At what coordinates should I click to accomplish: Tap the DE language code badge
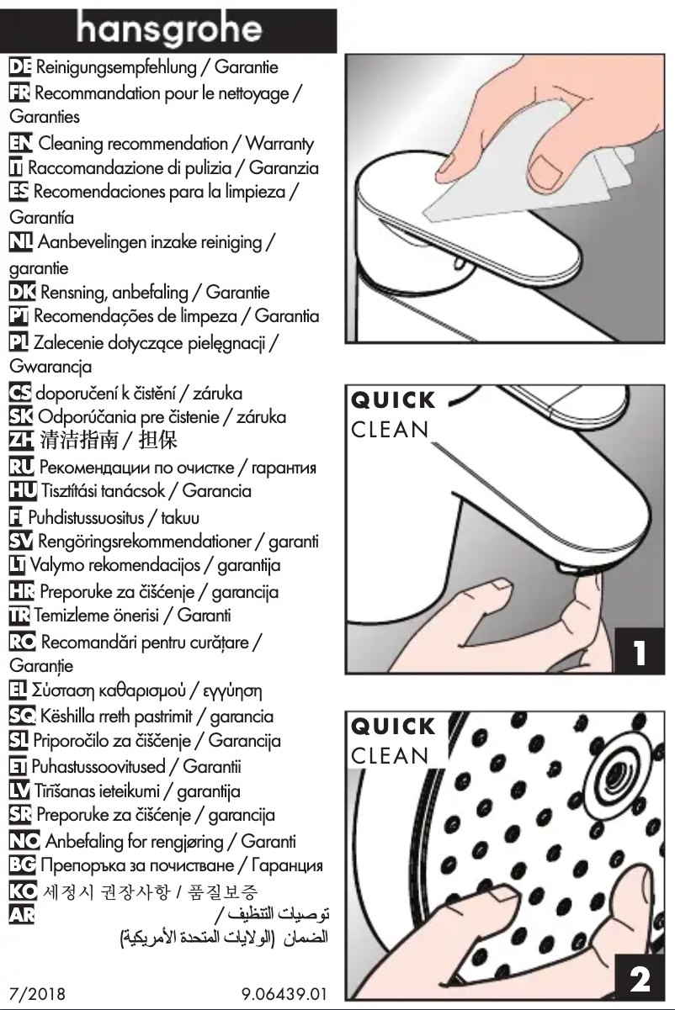point(19,66)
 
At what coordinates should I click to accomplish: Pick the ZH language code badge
point(19,440)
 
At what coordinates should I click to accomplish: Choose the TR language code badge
point(19,616)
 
